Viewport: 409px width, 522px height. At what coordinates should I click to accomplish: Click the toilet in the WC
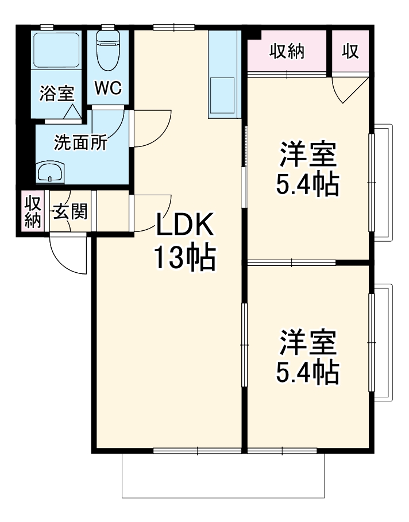109,51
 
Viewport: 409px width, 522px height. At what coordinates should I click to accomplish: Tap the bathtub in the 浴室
56,51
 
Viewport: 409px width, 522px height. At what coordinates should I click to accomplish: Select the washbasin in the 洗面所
49,172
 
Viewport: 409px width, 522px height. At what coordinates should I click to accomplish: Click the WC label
108,88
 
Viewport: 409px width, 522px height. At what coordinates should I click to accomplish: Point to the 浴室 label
57,93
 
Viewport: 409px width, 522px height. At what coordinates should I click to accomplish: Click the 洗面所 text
80,142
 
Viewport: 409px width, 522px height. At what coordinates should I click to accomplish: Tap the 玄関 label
70,211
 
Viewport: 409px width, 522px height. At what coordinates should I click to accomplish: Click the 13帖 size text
184,258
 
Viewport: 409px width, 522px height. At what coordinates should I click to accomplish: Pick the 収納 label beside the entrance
33,211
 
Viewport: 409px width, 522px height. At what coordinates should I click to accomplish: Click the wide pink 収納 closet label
287,51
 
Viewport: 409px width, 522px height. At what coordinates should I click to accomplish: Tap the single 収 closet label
350,51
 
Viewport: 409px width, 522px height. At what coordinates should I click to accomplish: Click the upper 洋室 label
308,154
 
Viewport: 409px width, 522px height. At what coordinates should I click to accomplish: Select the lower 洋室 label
308,342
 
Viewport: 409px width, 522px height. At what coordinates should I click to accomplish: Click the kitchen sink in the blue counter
222,95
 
